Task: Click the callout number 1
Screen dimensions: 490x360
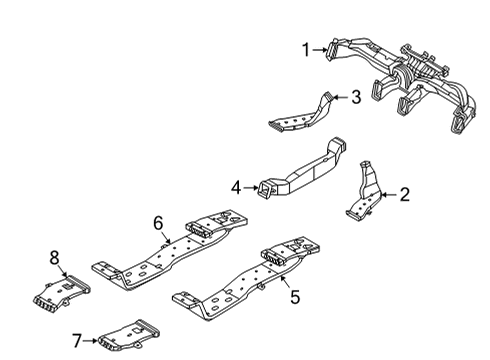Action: click(x=306, y=50)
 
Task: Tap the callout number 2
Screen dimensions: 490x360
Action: click(x=405, y=194)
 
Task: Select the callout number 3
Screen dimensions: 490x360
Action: click(x=356, y=97)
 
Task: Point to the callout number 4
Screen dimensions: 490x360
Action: click(x=236, y=188)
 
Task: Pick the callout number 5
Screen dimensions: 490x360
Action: click(x=295, y=297)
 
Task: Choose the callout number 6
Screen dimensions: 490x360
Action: click(x=158, y=223)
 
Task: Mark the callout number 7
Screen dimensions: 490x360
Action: click(x=77, y=341)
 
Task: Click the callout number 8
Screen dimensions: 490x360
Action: click(x=54, y=257)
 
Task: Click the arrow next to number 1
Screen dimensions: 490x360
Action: click(x=321, y=50)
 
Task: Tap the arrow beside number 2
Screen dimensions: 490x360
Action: click(x=389, y=195)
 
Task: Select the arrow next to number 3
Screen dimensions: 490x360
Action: click(x=340, y=97)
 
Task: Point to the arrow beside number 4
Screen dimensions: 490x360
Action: click(x=251, y=188)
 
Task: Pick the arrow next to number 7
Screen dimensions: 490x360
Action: click(x=90, y=341)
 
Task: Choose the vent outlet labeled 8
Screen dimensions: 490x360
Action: click(x=61, y=293)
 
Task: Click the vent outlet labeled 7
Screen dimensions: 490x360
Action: click(x=128, y=336)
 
